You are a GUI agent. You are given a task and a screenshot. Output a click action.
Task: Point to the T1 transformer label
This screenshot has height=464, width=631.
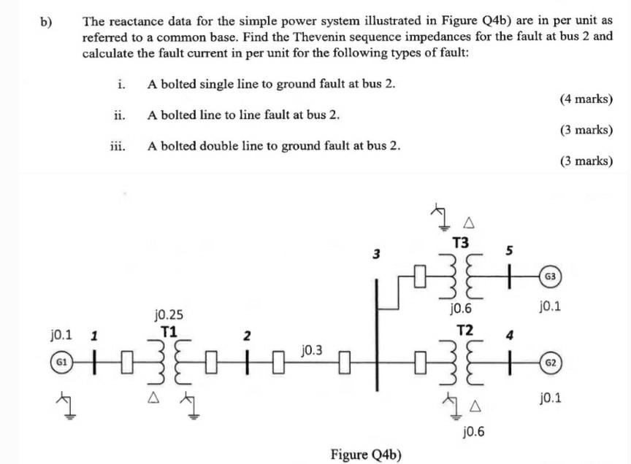169,330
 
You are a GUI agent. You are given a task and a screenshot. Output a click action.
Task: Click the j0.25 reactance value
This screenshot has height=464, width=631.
169,315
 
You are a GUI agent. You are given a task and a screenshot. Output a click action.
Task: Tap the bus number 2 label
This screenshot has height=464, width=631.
248,336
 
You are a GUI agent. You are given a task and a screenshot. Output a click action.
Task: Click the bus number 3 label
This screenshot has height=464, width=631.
376,255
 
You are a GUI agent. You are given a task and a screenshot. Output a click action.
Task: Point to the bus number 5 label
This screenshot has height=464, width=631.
510,251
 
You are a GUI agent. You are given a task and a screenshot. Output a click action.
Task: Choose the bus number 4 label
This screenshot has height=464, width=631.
510,336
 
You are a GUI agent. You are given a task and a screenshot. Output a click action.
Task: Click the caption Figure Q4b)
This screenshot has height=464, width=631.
366,455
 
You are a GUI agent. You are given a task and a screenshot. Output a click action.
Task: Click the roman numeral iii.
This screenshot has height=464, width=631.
117,146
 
